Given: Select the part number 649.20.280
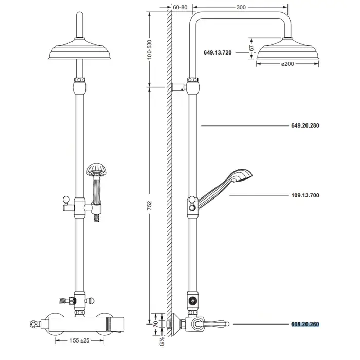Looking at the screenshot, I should (304, 125).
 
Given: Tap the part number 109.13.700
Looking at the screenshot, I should (304, 195).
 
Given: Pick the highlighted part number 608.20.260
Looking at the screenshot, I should (304, 324).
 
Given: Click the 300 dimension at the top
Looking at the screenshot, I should (241, 7).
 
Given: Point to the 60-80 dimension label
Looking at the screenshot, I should (181, 7).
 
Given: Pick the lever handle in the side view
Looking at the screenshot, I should (213, 323).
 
